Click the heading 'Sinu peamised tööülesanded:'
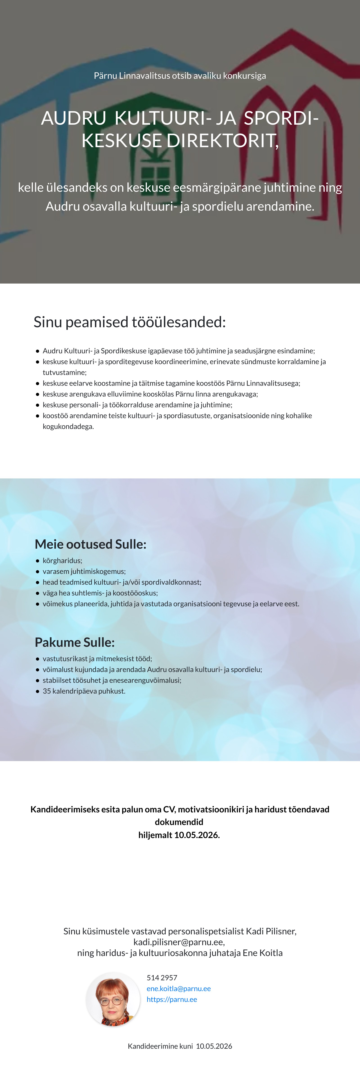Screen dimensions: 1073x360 point(130,322)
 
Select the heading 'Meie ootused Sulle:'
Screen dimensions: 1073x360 point(90,544)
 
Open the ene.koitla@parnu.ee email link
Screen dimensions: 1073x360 point(178,988)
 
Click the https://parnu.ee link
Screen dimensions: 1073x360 point(172,999)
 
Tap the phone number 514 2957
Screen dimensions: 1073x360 point(162,978)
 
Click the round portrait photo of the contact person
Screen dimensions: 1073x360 point(113,999)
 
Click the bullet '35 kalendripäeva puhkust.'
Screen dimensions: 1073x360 point(84,691)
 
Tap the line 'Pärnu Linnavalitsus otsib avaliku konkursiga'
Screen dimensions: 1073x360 point(180,76)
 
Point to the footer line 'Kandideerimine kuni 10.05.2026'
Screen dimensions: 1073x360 point(180,1046)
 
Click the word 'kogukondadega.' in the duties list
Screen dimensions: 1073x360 point(68,426)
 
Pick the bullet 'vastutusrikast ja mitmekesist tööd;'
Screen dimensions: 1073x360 point(97,658)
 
